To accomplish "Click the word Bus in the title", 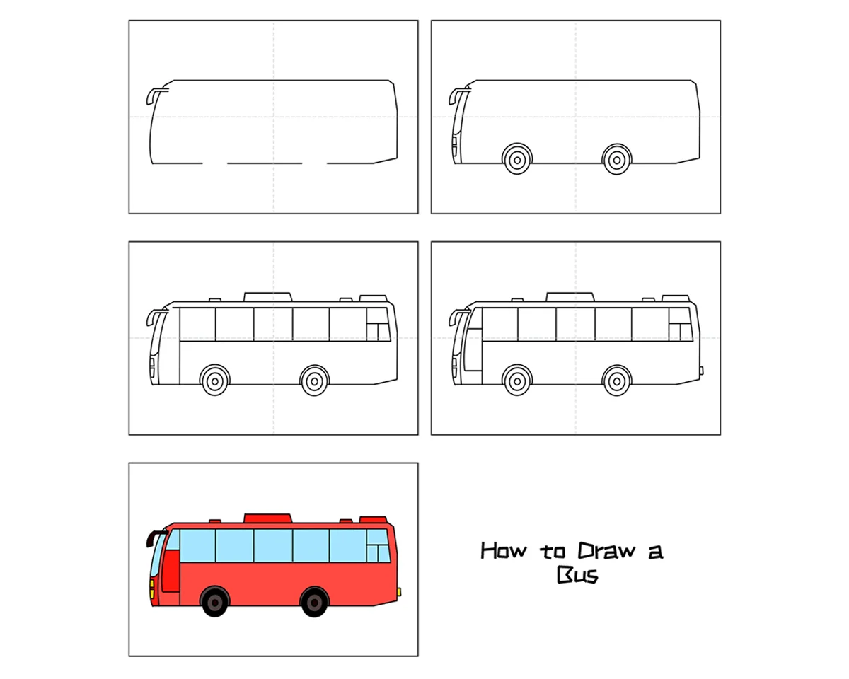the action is tap(577, 575).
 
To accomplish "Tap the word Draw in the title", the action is tap(606, 551).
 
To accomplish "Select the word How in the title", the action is tap(504, 551).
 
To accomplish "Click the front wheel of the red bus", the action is tap(215, 603).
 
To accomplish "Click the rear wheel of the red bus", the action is tap(314, 603).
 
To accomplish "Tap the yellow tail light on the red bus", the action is tap(399, 592).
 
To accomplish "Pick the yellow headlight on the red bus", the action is tap(152, 588).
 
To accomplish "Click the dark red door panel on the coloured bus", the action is tap(171, 571).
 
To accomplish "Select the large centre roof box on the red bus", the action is tap(268, 518).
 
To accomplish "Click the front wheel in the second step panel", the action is tap(517, 160).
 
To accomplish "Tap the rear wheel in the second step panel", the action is tap(617, 160).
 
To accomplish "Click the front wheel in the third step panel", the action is tap(215, 381).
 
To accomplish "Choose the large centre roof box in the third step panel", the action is tap(268, 297).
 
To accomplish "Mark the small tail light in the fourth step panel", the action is tap(701, 371).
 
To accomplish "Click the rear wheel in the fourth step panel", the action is tap(617, 381).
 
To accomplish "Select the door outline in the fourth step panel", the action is tap(473, 349).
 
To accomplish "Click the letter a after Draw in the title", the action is tap(656, 552).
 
